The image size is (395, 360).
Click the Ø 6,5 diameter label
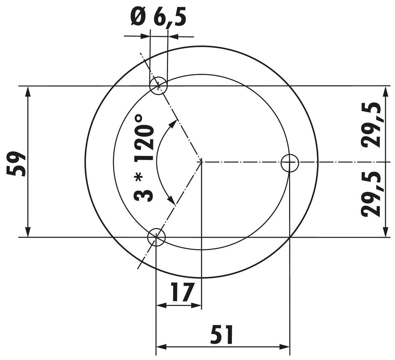(x=158, y=18)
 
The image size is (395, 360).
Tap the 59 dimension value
(x=17, y=164)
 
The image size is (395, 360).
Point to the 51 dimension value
(x=222, y=334)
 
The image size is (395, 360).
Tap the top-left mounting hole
(x=158, y=86)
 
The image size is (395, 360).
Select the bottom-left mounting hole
(x=156, y=237)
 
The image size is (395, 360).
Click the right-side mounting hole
(x=290, y=163)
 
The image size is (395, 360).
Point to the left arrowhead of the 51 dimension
(x=161, y=346)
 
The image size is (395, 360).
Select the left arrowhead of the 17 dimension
(x=161, y=305)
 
